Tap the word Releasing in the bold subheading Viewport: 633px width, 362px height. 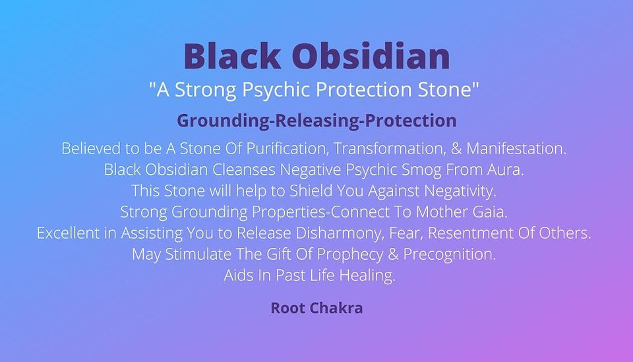317,121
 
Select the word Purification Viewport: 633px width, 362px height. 286,148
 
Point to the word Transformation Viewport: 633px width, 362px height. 390,148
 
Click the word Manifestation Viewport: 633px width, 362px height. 516,148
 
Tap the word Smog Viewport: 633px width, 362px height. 421,170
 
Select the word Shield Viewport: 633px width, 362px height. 311,191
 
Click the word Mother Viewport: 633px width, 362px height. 442,212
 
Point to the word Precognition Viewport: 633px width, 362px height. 449,255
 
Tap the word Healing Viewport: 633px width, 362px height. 367,276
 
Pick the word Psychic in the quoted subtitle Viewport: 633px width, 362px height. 269,90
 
